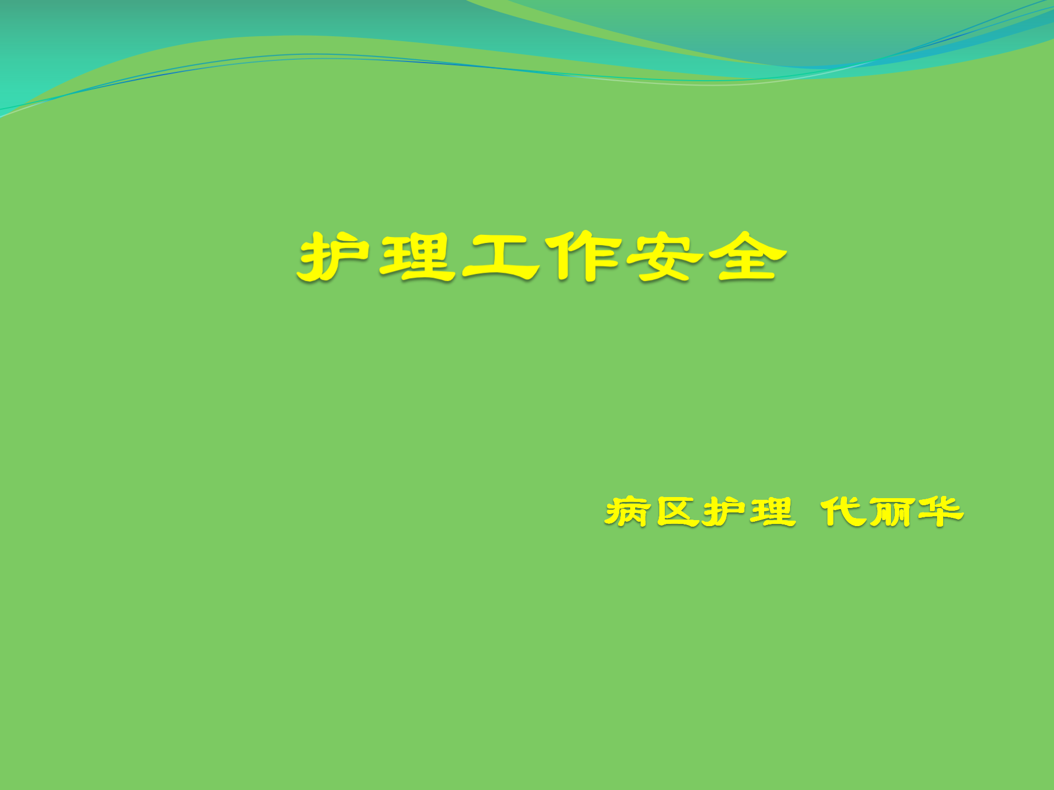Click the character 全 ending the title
click(x=748, y=256)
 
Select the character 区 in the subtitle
click(x=677, y=512)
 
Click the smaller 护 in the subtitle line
click(x=726, y=512)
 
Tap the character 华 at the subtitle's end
click(x=940, y=512)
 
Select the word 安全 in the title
click(x=707, y=256)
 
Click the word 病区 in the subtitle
click(x=652, y=512)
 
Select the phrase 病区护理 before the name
click(x=700, y=512)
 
